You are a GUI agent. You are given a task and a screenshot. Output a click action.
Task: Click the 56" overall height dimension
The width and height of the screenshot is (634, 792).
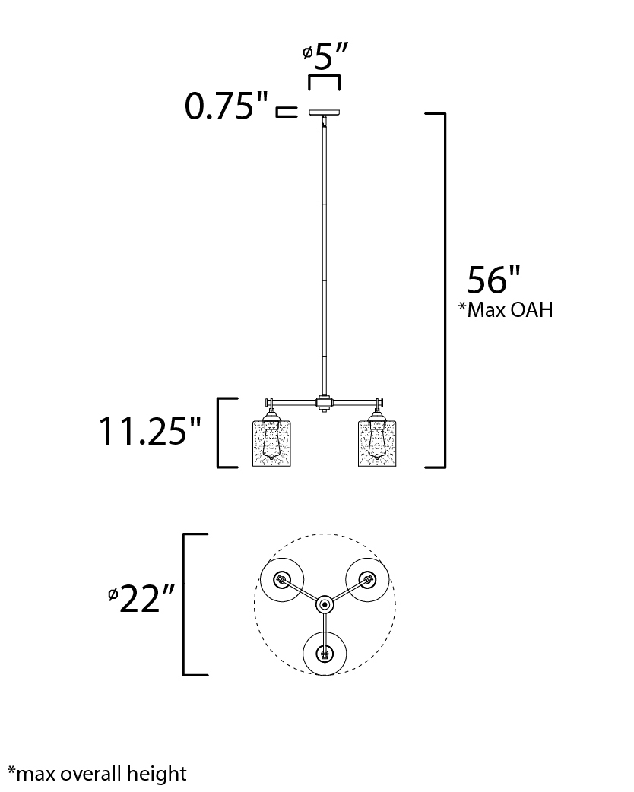click(493, 280)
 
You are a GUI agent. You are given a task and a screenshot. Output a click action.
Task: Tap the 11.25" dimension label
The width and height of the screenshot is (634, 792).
click(149, 432)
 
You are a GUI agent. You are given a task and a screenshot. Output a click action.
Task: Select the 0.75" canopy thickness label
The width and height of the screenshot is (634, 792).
click(227, 106)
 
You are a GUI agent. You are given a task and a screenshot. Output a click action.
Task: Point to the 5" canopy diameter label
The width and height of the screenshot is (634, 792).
click(331, 56)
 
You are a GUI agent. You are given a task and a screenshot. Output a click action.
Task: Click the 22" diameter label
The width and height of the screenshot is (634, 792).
click(147, 598)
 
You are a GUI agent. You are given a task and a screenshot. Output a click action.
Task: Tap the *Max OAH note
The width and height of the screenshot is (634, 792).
click(506, 309)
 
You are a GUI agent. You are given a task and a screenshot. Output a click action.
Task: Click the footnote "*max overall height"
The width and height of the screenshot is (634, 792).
click(97, 774)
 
